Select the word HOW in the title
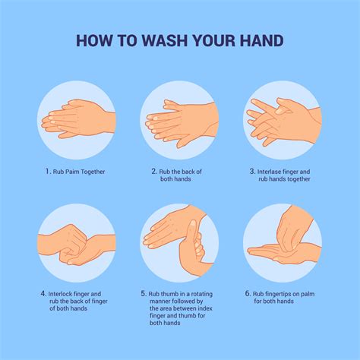(96, 40)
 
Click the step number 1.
(47, 172)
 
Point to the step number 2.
(154, 172)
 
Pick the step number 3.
(252, 172)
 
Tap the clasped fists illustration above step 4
(77, 242)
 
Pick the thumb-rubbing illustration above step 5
(179, 242)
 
